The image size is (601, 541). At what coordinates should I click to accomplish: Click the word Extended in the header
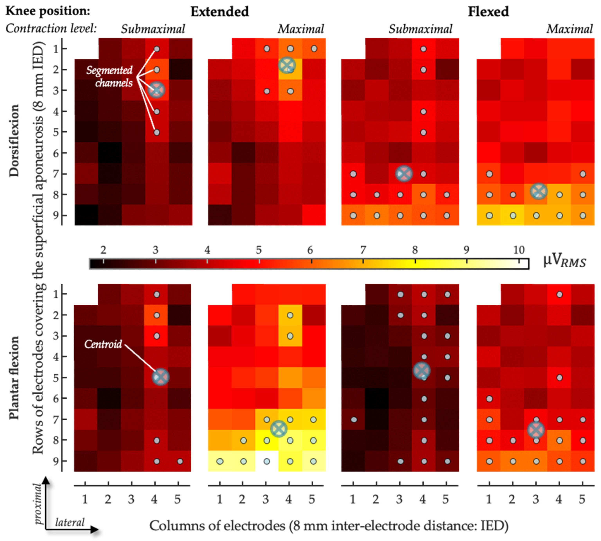(x=220, y=12)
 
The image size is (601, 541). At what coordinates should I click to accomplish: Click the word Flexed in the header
(x=488, y=12)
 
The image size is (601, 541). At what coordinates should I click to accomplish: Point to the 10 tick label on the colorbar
(x=519, y=250)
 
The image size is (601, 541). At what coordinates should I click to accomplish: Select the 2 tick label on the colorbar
(x=103, y=250)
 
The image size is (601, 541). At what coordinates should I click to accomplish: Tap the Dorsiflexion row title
(x=14, y=140)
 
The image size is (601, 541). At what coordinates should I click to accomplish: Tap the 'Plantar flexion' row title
(x=14, y=378)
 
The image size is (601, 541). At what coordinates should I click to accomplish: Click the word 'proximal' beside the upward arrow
(x=38, y=504)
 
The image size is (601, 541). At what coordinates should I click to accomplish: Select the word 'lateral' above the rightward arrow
(x=70, y=522)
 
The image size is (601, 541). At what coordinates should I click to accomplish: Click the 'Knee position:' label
(x=48, y=11)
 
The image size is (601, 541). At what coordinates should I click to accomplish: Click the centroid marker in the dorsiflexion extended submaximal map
(x=157, y=90)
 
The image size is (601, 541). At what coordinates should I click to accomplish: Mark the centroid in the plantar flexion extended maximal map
(x=279, y=429)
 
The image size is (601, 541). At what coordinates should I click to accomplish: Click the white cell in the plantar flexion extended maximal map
(x=267, y=461)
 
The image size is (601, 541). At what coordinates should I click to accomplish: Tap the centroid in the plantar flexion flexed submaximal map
(x=422, y=371)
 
